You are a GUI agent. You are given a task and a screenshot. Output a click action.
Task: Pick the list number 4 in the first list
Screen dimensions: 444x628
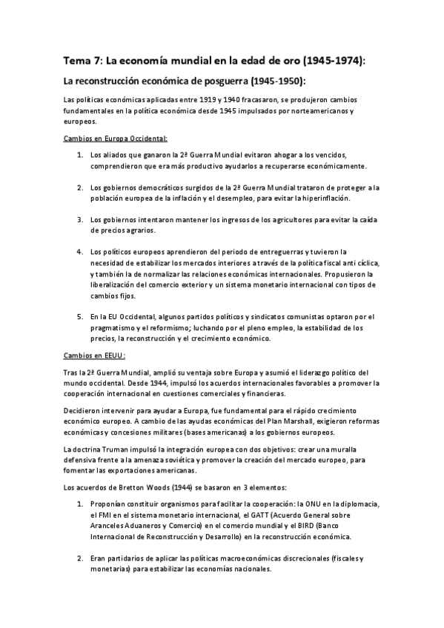click(79, 252)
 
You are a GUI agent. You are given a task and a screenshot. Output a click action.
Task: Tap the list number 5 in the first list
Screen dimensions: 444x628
click(79, 316)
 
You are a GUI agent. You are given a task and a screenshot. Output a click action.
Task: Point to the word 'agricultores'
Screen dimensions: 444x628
click(259, 219)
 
